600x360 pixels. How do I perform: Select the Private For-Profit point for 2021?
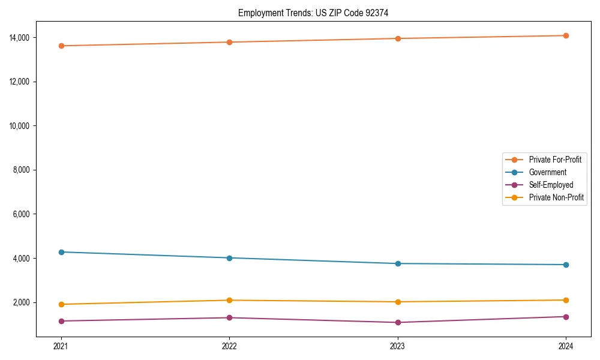[61, 46]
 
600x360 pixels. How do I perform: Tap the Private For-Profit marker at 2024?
[566, 35]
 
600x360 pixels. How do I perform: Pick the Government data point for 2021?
[61, 252]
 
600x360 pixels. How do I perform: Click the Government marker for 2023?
[398, 263]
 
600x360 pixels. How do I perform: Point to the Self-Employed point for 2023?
[398, 322]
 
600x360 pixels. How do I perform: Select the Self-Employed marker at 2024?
[566, 317]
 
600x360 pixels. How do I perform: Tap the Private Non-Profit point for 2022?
[229, 300]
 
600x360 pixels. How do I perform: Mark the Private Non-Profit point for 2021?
[61, 304]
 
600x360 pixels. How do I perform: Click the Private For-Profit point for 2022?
[229, 42]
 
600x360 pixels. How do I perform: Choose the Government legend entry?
[547, 172]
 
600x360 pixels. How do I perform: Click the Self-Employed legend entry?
[551, 185]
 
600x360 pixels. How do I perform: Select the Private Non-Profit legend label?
[556, 197]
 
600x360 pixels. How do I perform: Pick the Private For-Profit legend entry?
[555, 160]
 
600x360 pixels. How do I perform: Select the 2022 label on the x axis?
[229, 346]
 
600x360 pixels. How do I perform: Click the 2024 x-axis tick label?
[566, 346]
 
